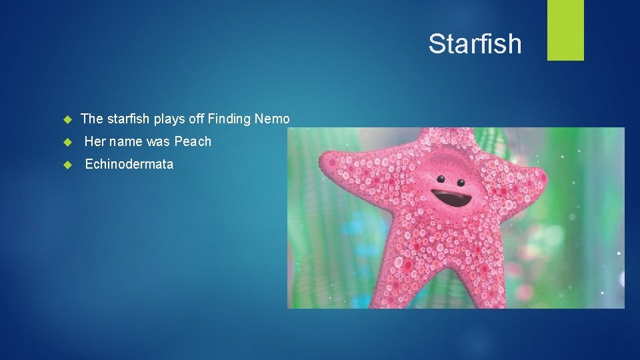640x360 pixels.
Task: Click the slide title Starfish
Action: coord(475,44)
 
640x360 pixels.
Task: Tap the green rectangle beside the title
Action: coord(565,30)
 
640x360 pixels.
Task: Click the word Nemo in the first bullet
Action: coord(273,119)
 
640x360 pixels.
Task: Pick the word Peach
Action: coord(193,141)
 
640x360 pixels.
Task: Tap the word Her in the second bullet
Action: coord(95,141)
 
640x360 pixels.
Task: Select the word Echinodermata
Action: coord(129,164)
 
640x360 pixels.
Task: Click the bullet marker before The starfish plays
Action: coord(67,120)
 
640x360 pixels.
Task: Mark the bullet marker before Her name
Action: coord(67,142)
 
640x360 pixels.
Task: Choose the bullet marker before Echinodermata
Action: coord(67,165)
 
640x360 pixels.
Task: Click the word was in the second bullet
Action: coord(159,141)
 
